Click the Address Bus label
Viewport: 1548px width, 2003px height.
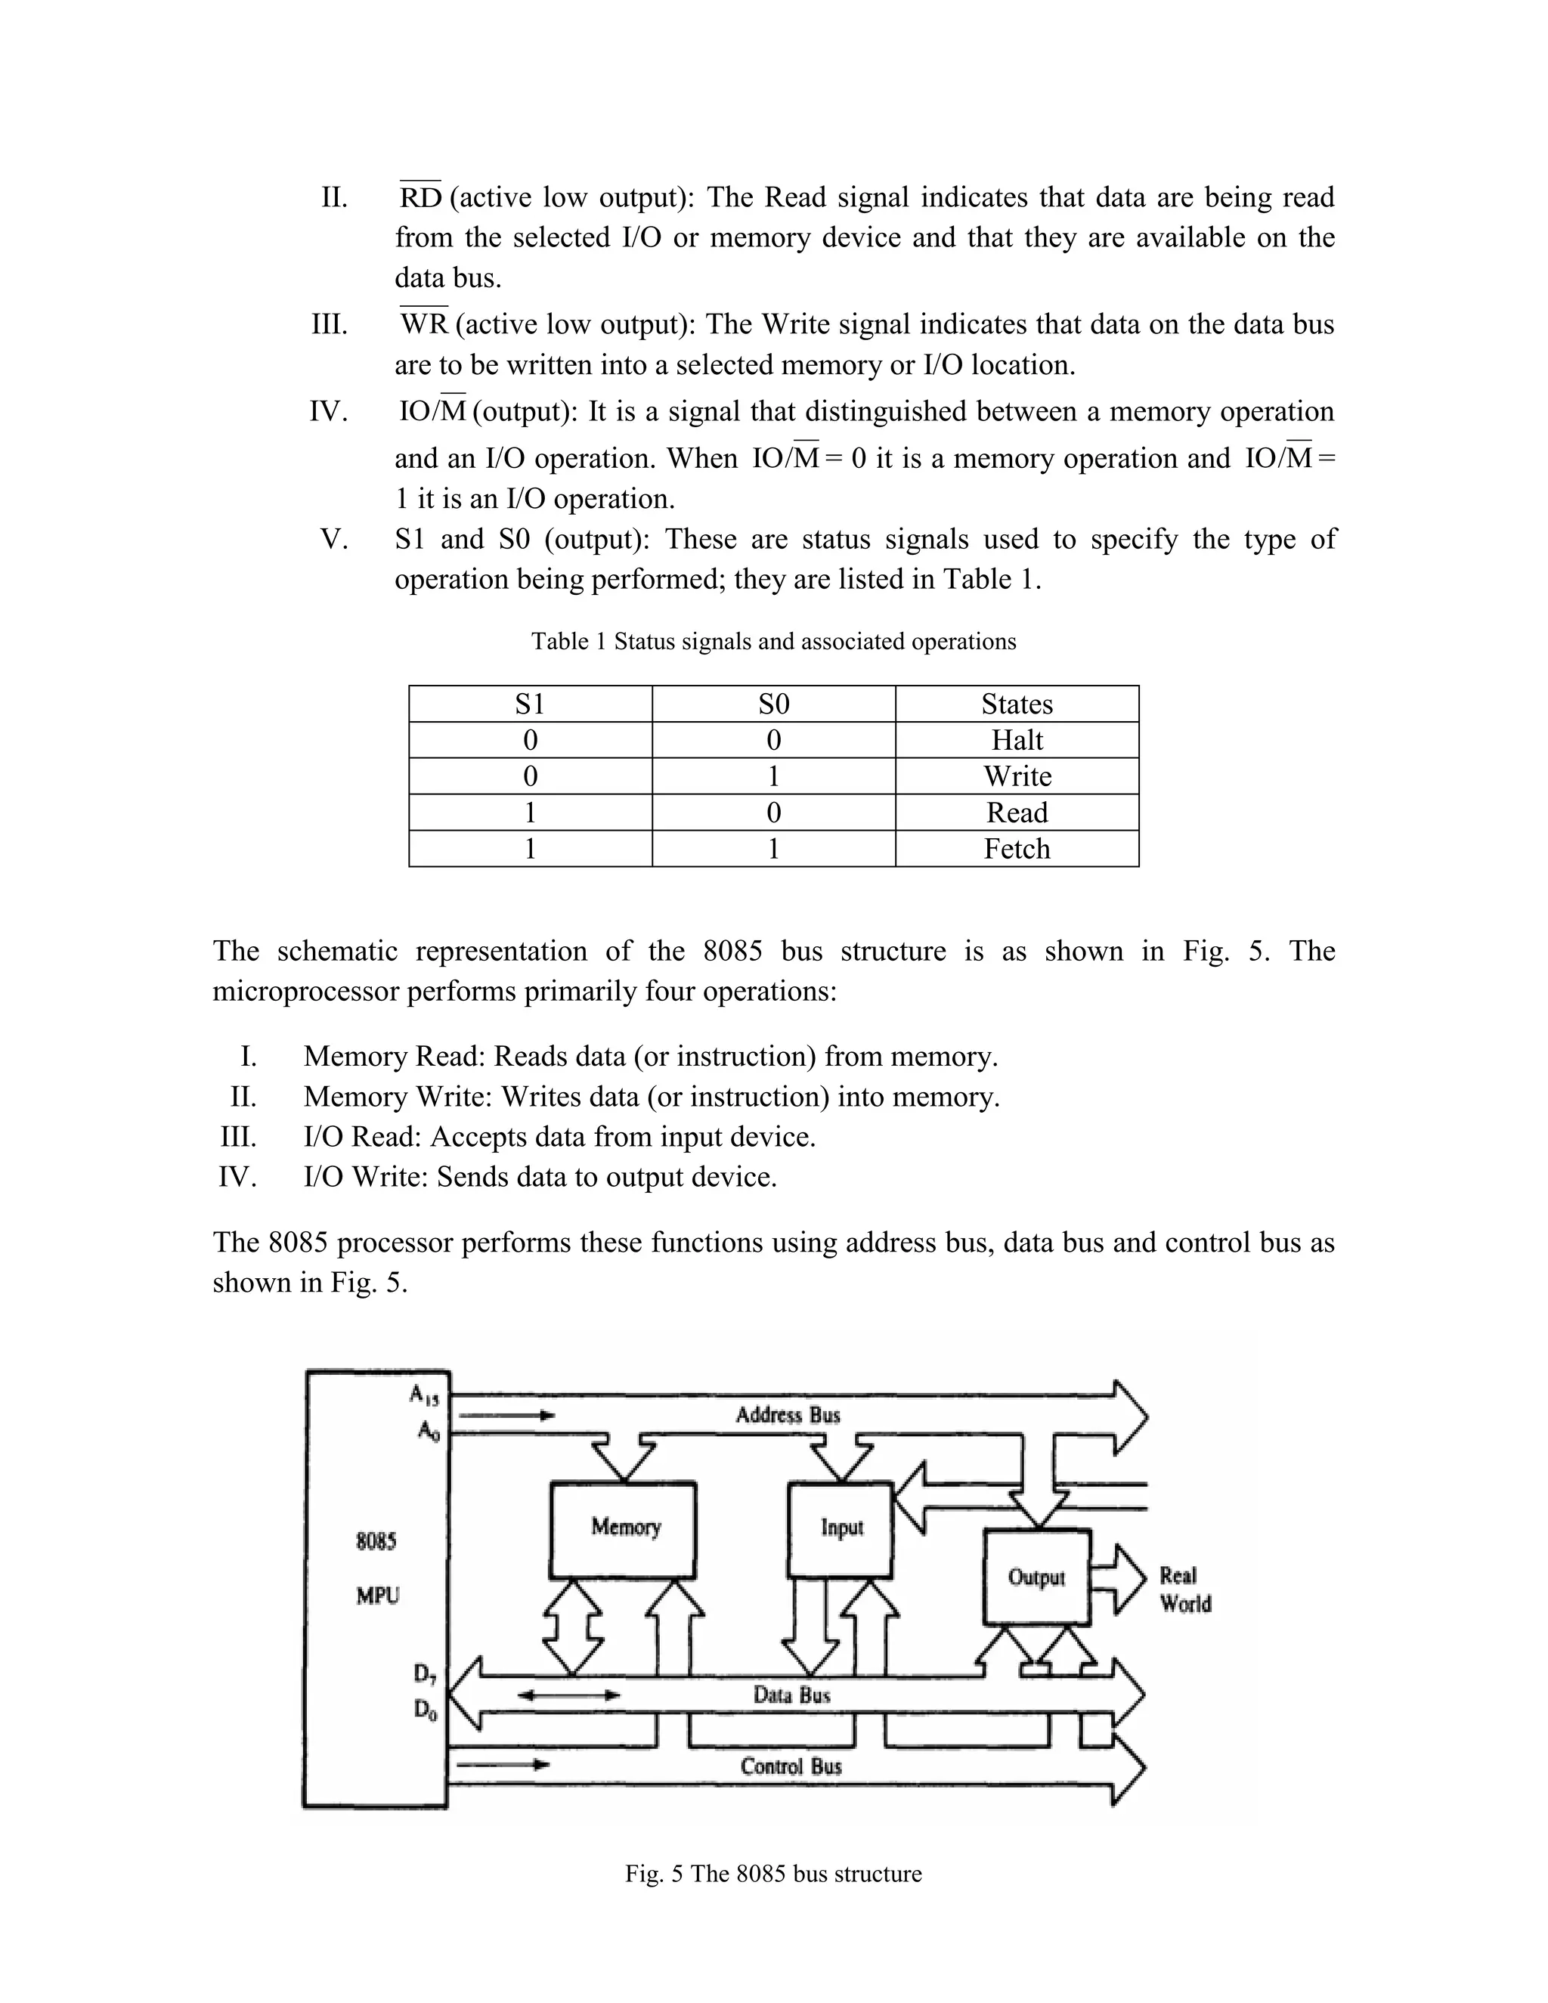pyautogui.click(x=787, y=1415)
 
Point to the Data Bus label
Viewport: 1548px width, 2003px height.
pyautogui.click(x=791, y=1695)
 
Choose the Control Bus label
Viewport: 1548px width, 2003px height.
pyautogui.click(x=791, y=1766)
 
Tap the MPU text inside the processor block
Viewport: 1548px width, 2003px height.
pyautogui.click(x=378, y=1596)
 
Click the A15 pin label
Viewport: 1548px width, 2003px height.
pyautogui.click(x=425, y=1395)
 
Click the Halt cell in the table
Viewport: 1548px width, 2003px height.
pyautogui.click(x=1016, y=740)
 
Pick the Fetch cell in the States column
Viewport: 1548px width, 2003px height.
pyautogui.click(x=1016, y=848)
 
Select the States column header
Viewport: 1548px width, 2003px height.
pyautogui.click(x=1016, y=704)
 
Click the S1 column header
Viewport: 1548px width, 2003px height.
pyautogui.click(x=530, y=704)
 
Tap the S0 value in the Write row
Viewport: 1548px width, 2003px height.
pyautogui.click(x=773, y=776)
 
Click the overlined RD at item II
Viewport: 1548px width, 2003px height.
pyautogui.click(x=421, y=197)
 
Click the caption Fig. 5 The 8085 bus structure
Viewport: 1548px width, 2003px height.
pyautogui.click(x=773, y=1874)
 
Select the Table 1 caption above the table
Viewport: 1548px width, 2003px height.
pyautogui.click(x=773, y=641)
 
